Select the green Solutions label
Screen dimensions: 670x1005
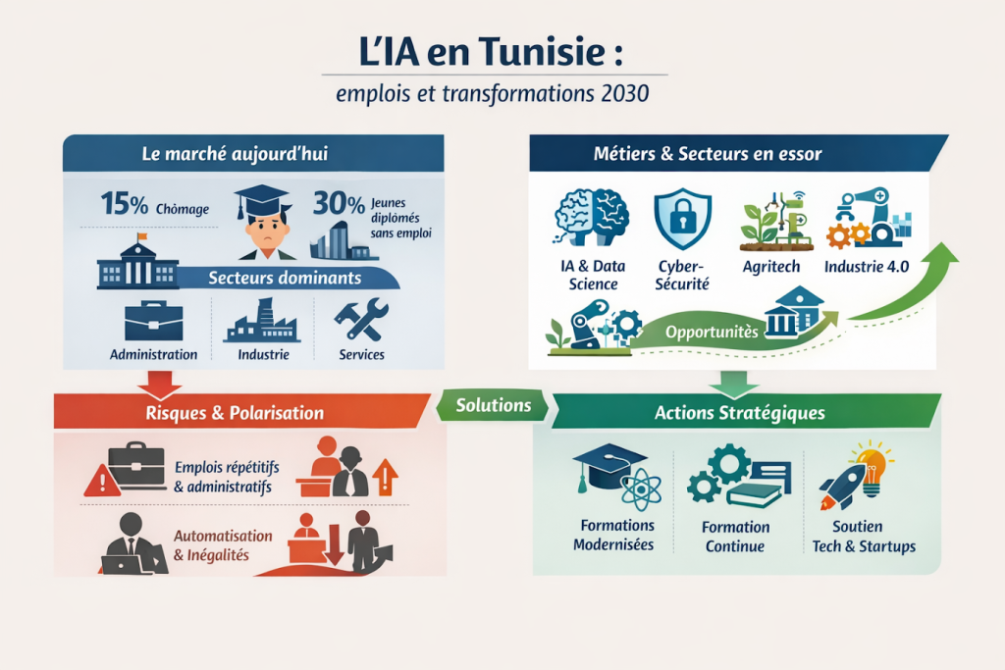coord(494,405)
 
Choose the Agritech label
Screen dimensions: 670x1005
coord(769,266)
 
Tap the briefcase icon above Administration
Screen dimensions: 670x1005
coord(153,321)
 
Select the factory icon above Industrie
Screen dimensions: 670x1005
coord(262,321)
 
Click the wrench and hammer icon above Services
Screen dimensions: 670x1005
coord(360,319)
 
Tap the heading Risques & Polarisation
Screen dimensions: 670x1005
coord(235,413)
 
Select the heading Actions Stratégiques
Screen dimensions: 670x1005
coord(739,413)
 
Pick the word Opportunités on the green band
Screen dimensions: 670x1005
coord(712,332)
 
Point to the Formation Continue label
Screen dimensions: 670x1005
coord(735,536)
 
